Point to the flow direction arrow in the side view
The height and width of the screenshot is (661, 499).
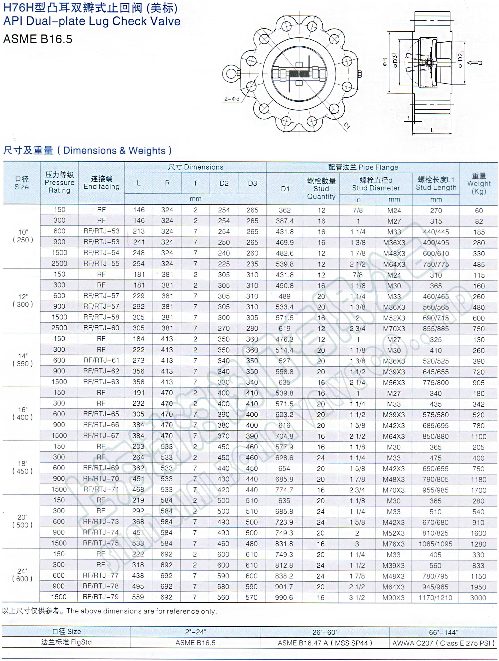(x=475, y=63)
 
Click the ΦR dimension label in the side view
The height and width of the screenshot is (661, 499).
(x=385, y=62)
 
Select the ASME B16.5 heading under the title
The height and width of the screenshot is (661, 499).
(x=38, y=39)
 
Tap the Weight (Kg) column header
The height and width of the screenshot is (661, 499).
(x=479, y=183)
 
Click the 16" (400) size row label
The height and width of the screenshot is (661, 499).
(x=22, y=413)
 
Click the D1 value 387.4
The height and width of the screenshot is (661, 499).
(x=284, y=221)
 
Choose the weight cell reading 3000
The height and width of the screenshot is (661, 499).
(x=478, y=598)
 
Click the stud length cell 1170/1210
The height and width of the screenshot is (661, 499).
(x=435, y=598)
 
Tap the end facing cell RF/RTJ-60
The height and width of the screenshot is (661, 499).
(x=101, y=328)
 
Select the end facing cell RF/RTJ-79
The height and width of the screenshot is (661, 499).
(x=101, y=597)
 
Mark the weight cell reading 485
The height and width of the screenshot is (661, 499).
(x=479, y=264)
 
